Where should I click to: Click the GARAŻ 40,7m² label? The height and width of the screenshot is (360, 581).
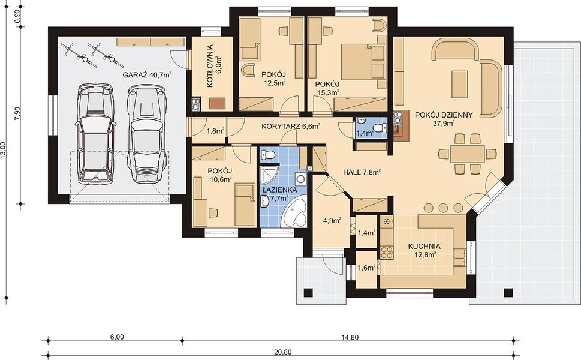(x=147, y=74)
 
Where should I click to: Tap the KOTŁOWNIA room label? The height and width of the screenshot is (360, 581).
(x=210, y=66)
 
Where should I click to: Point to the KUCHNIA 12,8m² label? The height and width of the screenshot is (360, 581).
(x=425, y=250)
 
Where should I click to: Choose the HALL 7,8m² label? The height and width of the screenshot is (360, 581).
(x=362, y=172)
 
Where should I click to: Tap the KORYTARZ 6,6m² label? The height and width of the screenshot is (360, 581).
(x=290, y=126)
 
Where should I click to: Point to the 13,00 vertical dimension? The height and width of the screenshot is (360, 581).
(x=4, y=150)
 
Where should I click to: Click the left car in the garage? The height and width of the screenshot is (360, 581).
(x=94, y=134)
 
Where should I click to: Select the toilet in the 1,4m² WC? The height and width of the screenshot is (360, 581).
(x=380, y=128)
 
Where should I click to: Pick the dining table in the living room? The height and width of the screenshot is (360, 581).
(x=468, y=154)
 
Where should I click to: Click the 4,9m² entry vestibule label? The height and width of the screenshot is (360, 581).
(x=332, y=221)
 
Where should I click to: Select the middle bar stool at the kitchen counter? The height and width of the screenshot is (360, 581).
(x=443, y=208)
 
